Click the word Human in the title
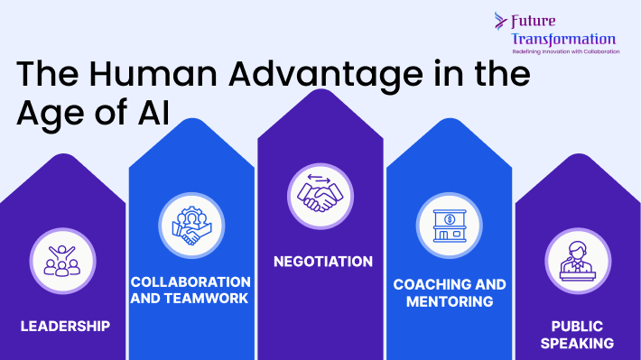153,74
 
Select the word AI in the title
153,112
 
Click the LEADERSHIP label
65,326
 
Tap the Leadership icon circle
62,261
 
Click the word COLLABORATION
190,282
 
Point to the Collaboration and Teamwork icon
191,226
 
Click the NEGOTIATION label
323,262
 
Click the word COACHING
425,285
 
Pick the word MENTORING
450,301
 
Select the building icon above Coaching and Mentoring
450,226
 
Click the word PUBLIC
577,327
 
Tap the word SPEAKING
577,343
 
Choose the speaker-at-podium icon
578,261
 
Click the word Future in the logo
533,22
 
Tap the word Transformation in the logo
563,39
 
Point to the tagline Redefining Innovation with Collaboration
566,52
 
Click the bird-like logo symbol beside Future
500,21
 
